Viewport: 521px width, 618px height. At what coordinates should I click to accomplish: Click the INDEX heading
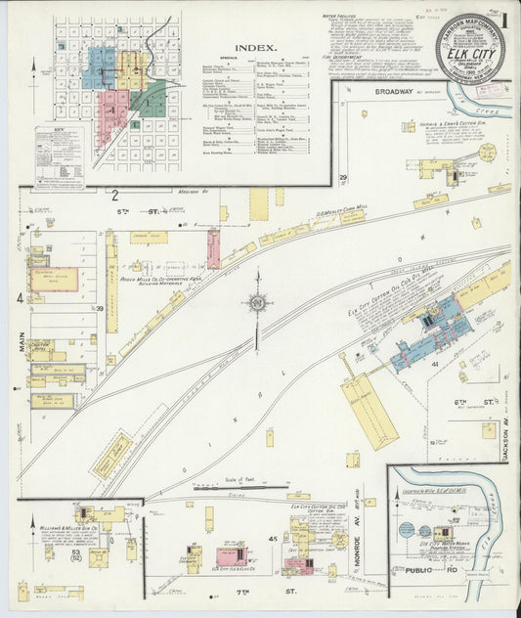[254, 46]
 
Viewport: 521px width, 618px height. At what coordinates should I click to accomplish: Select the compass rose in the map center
[257, 304]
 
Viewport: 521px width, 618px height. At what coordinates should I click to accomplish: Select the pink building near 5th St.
[213, 248]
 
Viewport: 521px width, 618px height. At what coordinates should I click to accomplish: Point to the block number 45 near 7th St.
[273, 538]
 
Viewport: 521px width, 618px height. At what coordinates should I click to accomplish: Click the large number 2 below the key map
[114, 195]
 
